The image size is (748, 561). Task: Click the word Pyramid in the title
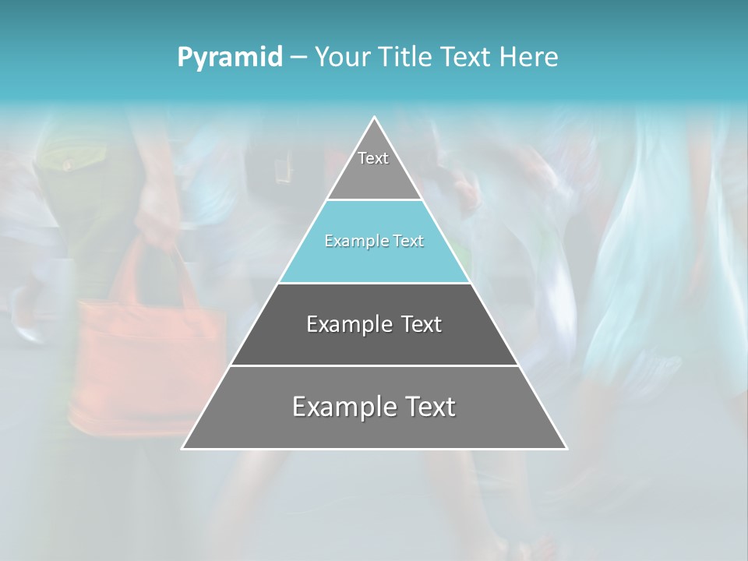coord(229,58)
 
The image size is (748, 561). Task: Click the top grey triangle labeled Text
coord(374,168)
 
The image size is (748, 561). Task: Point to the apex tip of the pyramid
coord(374,118)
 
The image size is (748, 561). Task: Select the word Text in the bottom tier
coord(429,407)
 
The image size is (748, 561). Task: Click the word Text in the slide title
coord(465,57)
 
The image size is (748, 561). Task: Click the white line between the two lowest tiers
coord(374,365)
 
